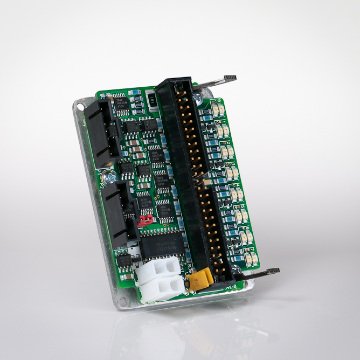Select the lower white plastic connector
tap(162, 288)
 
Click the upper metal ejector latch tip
tap(230, 79)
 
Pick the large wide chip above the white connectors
tap(161, 243)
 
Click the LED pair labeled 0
tap(218, 110)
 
